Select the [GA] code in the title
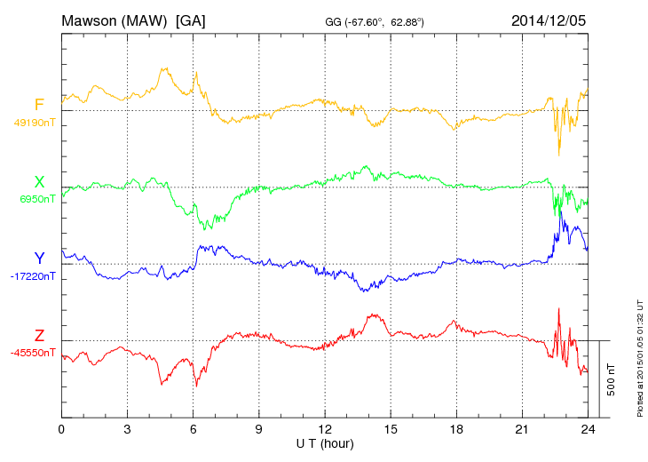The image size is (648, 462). coord(191,20)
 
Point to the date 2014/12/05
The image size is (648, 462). coord(549,20)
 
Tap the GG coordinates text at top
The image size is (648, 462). coord(375,21)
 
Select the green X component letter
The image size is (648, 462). coord(39,182)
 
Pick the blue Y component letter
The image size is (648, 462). coord(39,259)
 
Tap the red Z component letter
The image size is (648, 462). coord(39,336)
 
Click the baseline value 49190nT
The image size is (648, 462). coord(35,123)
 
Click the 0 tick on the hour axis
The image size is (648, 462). coord(61,429)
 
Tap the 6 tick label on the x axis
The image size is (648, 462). coord(194,429)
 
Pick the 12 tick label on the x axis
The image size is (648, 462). coord(325,429)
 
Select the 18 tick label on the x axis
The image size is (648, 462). coord(457,429)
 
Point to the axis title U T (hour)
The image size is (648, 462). coord(325,442)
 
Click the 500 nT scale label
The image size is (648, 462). coord(612,379)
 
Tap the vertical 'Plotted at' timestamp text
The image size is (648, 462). coord(639,355)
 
